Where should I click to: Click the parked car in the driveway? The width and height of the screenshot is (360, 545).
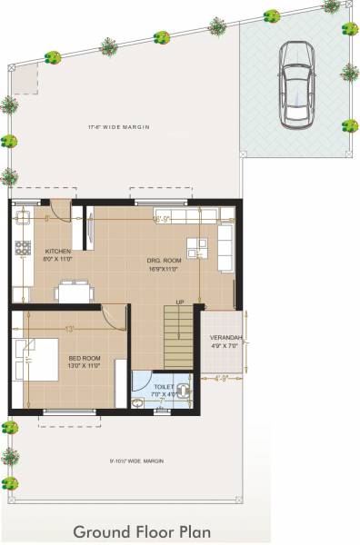[x=295, y=83]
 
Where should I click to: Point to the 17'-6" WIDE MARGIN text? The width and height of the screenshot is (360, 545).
[x=118, y=126]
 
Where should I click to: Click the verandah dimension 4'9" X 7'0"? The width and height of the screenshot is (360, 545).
[x=225, y=345]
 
